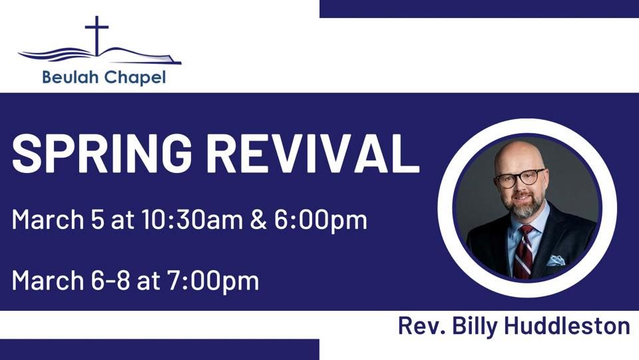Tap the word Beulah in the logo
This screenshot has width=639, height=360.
(67, 78)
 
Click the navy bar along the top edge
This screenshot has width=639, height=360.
(479, 9)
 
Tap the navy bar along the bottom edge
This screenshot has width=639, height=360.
(159, 349)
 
